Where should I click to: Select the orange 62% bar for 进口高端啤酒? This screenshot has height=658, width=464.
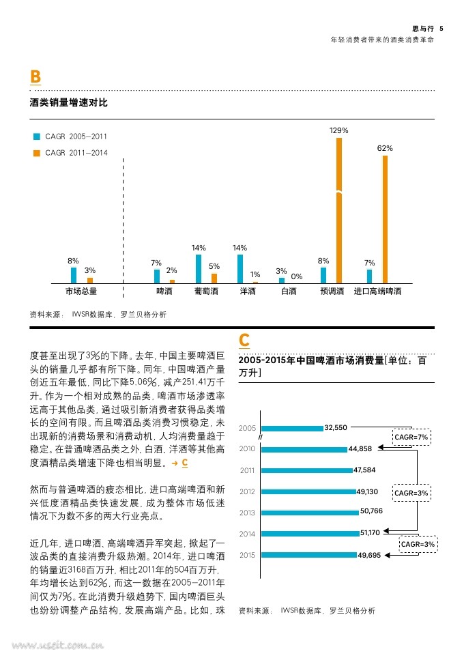(x=385, y=219)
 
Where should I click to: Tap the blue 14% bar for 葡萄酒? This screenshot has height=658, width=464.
(x=199, y=269)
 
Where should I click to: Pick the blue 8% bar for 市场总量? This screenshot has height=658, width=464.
(x=74, y=275)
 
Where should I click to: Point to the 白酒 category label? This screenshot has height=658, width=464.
(x=289, y=291)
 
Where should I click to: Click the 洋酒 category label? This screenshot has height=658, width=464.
(x=248, y=291)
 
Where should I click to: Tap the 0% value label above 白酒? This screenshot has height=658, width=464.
(x=297, y=276)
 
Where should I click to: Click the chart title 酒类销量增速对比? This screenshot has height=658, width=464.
(x=69, y=103)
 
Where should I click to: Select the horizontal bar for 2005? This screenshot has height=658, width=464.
(x=292, y=428)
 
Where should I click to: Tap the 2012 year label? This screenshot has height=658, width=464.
(x=247, y=491)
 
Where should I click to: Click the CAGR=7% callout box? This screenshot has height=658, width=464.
(x=411, y=436)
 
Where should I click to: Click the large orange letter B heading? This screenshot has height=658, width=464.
(x=35, y=77)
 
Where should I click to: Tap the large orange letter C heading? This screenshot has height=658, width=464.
(x=244, y=340)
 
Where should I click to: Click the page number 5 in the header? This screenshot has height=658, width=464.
(x=441, y=29)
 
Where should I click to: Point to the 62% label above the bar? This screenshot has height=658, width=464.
(x=385, y=148)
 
